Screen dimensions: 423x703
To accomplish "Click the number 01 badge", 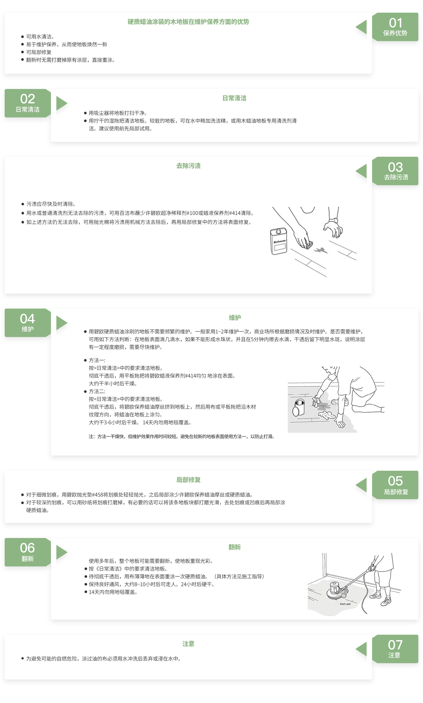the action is [395, 27].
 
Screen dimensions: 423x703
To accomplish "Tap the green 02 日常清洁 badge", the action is [28, 103].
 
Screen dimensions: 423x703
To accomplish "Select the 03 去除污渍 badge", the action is [395, 171].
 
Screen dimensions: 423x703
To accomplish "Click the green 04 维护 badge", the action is [28, 323].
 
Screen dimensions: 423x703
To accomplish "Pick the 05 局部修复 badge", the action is [395, 485].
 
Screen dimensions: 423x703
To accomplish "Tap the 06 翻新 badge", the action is [28, 552].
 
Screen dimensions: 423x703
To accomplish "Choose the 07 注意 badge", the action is [395, 649].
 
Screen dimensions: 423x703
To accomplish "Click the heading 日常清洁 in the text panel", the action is [234, 98].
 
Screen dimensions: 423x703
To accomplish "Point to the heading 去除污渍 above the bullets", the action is [188, 166].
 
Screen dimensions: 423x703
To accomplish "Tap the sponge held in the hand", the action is [308, 244].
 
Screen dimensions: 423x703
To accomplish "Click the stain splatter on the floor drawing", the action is [321, 250].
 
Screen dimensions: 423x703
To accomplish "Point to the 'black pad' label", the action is [345, 604].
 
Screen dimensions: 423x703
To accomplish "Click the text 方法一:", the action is [97, 360].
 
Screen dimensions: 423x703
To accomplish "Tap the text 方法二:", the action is [97, 391].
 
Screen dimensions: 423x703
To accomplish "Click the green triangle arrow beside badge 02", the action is [61, 103].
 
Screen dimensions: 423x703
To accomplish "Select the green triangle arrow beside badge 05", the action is [361, 485].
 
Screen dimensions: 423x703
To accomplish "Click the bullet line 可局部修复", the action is [39, 52].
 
